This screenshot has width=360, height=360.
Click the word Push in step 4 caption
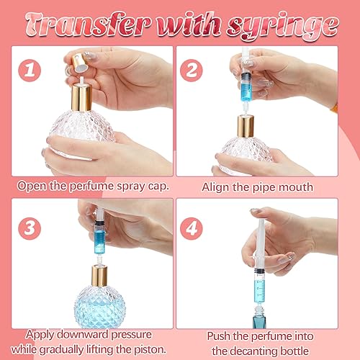[x=219, y=336]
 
